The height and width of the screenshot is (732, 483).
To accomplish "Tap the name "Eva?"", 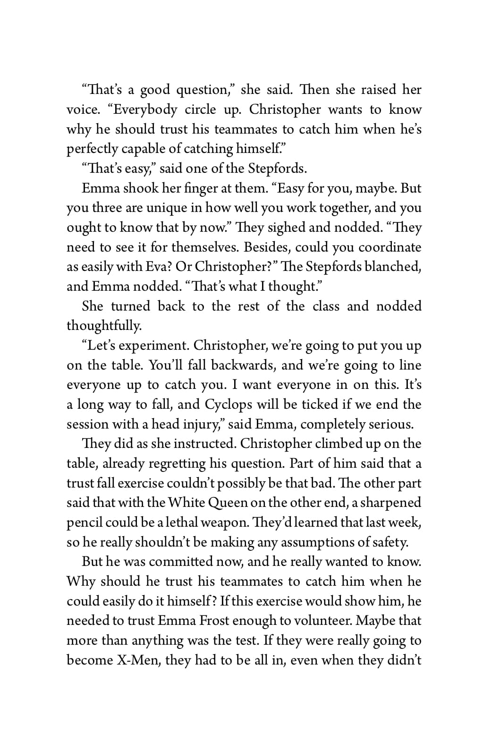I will [158, 267].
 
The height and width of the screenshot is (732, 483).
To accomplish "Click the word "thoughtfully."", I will [104, 326].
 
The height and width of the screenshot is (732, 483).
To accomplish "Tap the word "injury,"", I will [203, 425].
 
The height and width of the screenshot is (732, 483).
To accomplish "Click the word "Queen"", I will [228, 503].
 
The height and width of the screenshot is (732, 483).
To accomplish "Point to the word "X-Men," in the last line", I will [138, 660].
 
